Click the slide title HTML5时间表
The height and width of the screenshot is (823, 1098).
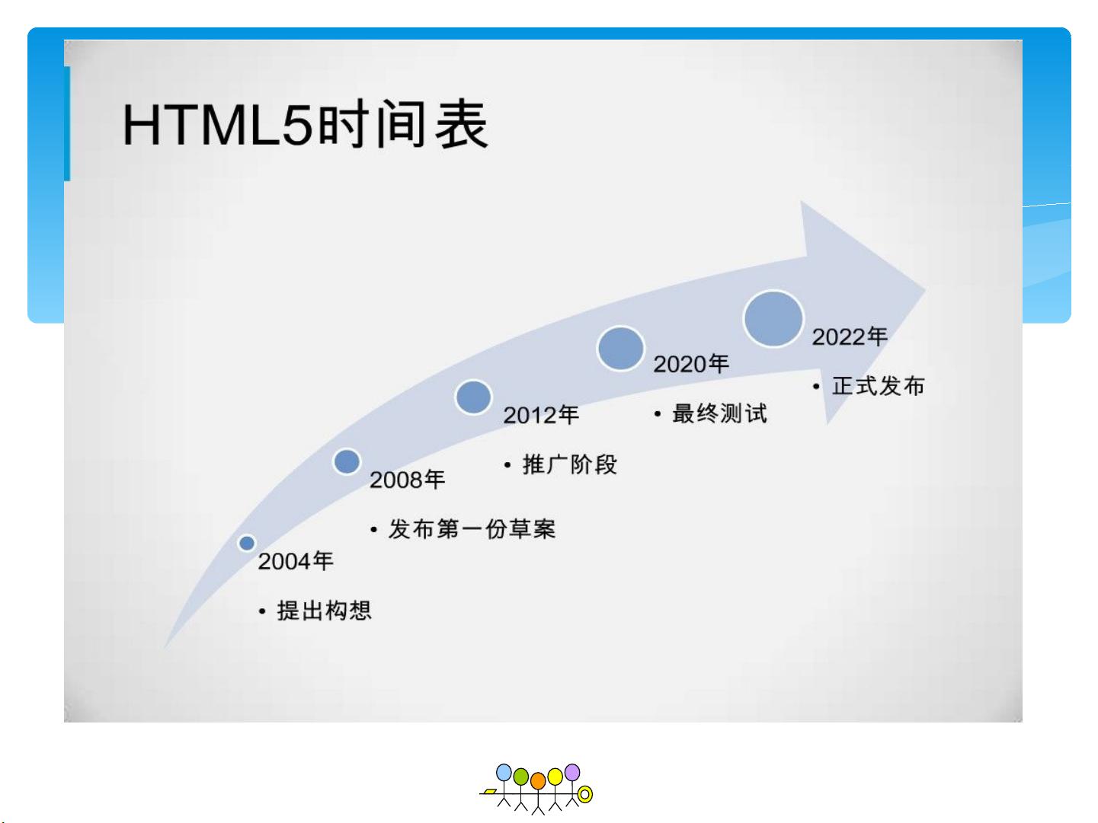[x=305, y=124]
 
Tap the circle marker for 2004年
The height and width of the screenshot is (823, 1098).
[x=247, y=543]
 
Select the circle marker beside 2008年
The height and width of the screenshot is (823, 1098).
[x=347, y=461]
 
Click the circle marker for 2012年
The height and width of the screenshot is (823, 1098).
[x=473, y=397]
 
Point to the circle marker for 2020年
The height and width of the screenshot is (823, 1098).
[x=620, y=348]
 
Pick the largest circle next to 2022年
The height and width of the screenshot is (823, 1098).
[x=773, y=318]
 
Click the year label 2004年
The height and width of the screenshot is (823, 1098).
[x=296, y=561]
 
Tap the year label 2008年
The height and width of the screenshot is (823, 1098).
[x=407, y=480]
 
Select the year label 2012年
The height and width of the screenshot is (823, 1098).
[x=541, y=415]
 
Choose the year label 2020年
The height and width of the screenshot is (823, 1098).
[x=691, y=364]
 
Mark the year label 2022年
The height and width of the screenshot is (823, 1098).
[x=850, y=337]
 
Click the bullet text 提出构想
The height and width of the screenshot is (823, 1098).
[x=324, y=610]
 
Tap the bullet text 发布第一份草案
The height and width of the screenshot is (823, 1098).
[x=472, y=528]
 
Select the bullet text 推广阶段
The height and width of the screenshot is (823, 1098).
[x=570, y=464]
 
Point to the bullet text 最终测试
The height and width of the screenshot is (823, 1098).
[x=719, y=413]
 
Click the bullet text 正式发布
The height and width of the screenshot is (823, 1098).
[x=879, y=386]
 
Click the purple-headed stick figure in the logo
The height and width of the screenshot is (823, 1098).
[x=571, y=784]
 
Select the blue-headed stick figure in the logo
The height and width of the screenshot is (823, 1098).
[x=504, y=784]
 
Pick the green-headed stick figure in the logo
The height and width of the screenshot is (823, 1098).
[x=520, y=789]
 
